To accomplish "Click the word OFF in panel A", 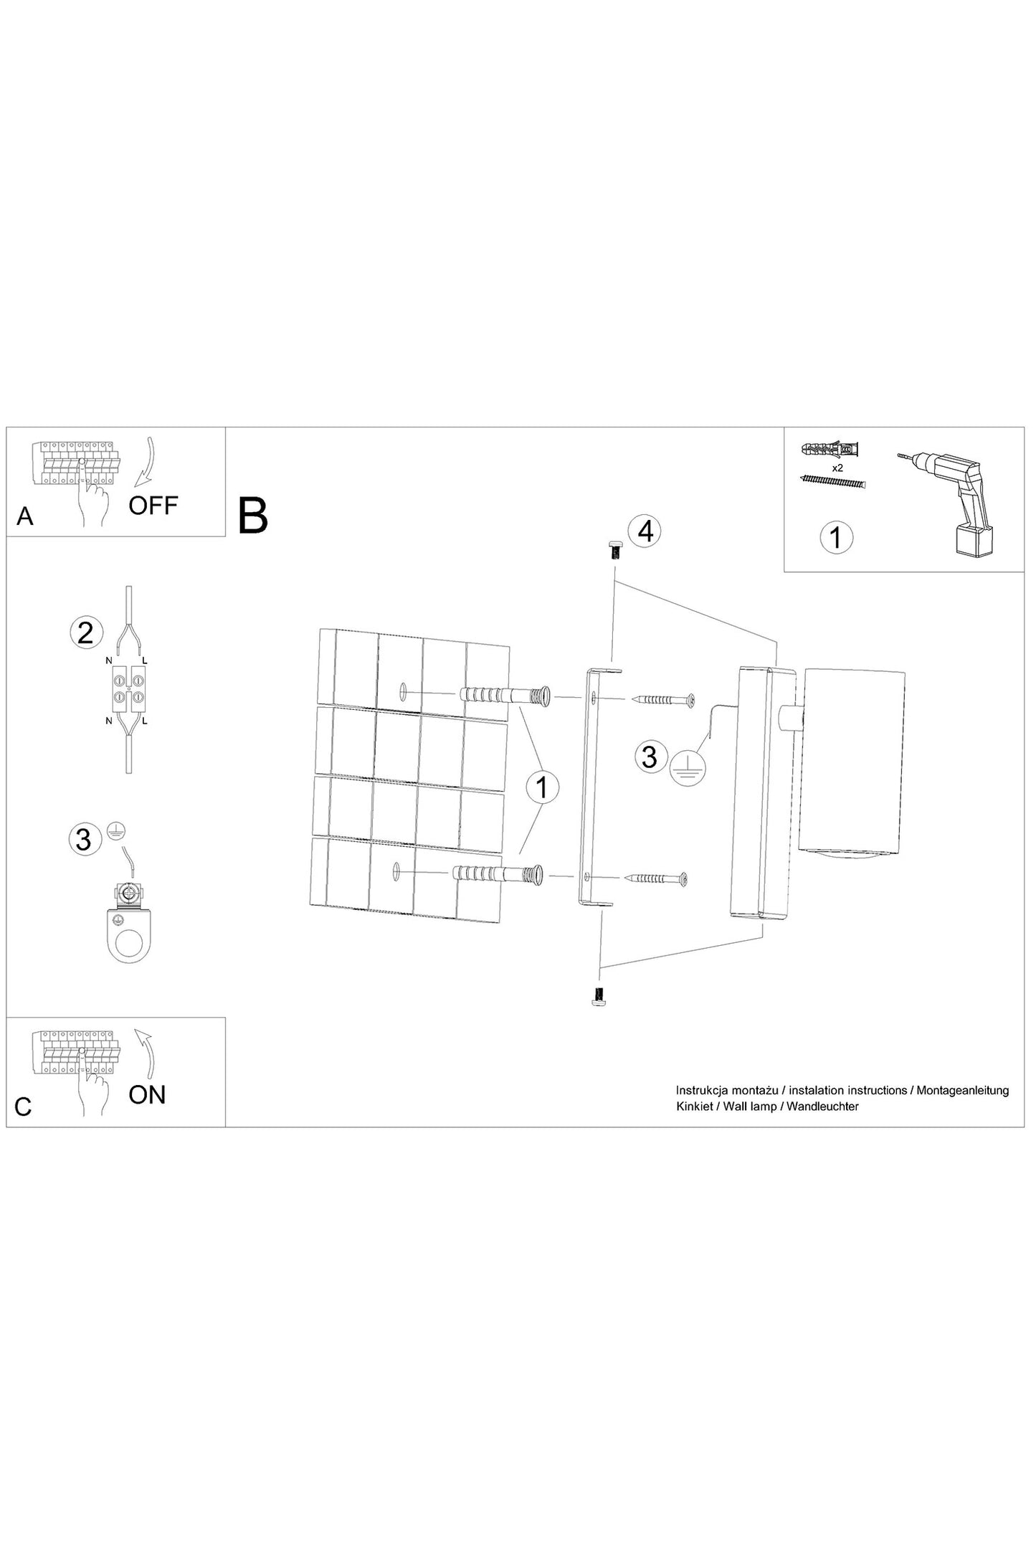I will (153, 506).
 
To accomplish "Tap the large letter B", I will (252, 516).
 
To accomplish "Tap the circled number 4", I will (645, 532).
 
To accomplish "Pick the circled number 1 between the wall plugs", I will (542, 787).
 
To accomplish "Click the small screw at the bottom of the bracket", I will (597, 995).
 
